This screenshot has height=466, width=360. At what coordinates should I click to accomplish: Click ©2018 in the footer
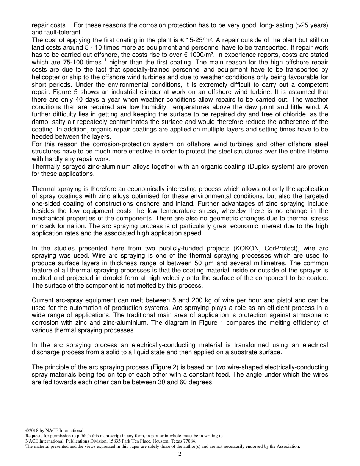click(31, 430)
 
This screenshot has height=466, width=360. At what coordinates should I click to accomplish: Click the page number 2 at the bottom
click(180, 454)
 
